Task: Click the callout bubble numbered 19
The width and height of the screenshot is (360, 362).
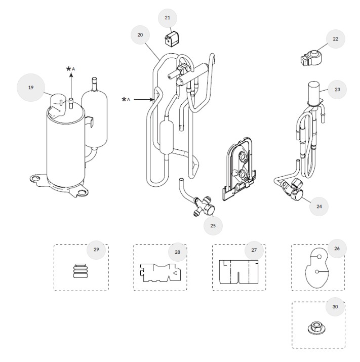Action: [x=30, y=88]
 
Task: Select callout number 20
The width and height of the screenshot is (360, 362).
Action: [x=140, y=35]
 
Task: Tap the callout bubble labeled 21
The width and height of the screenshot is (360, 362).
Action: [x=168, y=18]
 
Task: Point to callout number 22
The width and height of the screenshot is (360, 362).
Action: [x=335, y=38]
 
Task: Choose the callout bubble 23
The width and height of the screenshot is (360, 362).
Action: [x=337, y=90]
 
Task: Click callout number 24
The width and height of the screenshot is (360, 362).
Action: [x=319, y=206]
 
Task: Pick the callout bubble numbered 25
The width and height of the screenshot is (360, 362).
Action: [x=213, y=226]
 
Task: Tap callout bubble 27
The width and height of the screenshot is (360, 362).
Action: [x=254, y=251]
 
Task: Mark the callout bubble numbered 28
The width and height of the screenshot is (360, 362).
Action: [x=177, y=252]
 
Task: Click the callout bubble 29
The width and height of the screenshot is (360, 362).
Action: [x=96, y=250]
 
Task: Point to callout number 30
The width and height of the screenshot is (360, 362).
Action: [x=335, y=306]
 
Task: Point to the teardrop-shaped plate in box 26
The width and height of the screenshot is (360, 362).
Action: [x=316, y=268]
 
